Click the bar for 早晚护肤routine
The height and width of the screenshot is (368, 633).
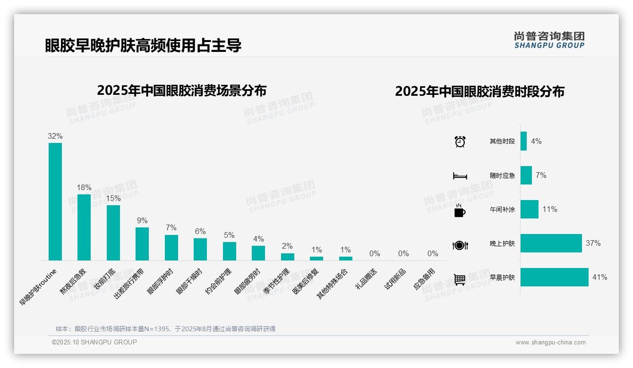pos(55,201)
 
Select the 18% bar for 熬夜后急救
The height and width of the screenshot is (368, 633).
pos(84,227)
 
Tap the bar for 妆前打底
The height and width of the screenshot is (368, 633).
pos(113,233)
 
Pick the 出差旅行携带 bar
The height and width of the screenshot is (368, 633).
pos(142,243)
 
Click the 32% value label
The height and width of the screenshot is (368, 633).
pos(55,136)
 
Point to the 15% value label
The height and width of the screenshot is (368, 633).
pos(113,199)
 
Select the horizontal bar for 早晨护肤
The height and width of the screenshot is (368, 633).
pos(554,277)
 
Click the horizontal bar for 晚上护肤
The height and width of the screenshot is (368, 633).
pos(551,243)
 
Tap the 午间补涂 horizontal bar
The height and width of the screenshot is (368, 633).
pos(529,209)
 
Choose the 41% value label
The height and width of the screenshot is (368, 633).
pos(599,277)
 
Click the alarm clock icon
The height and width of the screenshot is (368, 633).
pos(460,142)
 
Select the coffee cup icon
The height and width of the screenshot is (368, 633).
pos(460,211)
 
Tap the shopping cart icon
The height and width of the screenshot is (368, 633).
pos(460,279)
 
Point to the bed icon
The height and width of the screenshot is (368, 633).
pos(460,176)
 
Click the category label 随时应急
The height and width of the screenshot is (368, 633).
pos(502,176)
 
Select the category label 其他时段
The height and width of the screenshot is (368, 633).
pos(502,142)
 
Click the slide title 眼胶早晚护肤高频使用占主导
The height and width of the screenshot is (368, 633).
pos(144,45)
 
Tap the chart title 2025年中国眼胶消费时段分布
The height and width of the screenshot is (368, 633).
pos(479,92)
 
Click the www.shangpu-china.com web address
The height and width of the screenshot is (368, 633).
pos(550,343)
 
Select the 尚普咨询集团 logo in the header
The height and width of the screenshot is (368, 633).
pos(549,40)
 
